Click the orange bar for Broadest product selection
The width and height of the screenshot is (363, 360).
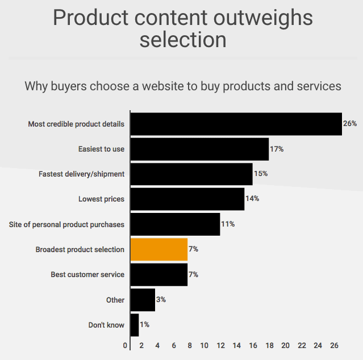click(x=159, y=249)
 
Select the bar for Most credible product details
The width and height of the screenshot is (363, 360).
click(x=236, y=124)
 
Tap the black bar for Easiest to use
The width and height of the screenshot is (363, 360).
click(x=199, y=149)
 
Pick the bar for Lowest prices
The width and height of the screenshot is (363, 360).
click(x=187, y=199)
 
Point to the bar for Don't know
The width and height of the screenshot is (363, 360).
click(x=135, y=325)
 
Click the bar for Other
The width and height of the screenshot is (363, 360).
click(x=143, y=299)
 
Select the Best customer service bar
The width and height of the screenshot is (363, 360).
click(x=159, y=274)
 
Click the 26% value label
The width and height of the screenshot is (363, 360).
click(x=350, y=124)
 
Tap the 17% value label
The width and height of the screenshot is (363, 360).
click(x=277, y=149)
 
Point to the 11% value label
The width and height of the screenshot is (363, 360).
click(x=228, y=224)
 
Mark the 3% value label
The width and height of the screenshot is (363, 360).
click(x=161, y=299)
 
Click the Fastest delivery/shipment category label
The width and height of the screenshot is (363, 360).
click(x=81, y=174)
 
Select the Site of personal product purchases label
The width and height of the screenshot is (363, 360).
click(x=66, y=224)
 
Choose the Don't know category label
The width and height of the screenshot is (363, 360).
click(x=106, y=325)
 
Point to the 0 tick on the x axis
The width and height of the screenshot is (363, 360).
click(x=125, y=345)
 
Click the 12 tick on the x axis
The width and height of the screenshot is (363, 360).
click(x=220, y=345)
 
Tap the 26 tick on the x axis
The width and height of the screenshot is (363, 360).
click(x=334, y=345)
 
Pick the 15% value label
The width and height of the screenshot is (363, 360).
click(x=261, y=174)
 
